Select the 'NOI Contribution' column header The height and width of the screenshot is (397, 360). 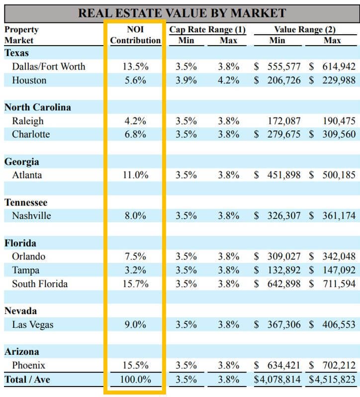[135, 35]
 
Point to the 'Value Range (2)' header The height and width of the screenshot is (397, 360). [305, 29]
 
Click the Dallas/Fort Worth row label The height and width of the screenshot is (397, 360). [49, 67]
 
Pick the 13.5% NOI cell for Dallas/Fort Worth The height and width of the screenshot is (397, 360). [135, 67]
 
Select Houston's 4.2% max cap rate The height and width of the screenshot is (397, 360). [228, 80]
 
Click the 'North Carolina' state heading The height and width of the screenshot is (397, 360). [38, 107]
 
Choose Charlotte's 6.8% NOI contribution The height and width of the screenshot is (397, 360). [135, 135]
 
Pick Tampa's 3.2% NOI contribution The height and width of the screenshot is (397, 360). [135, 270]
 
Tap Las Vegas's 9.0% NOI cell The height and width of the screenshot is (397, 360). [135, 325]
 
